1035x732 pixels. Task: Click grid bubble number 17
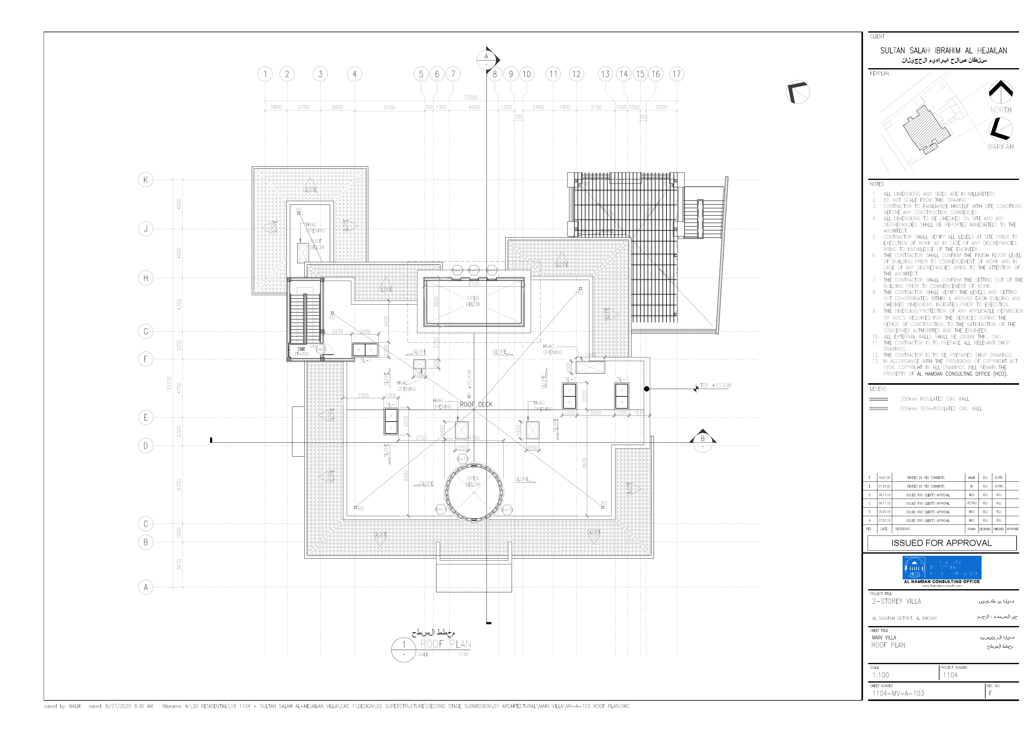coord(676,74)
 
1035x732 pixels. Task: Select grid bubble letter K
coord(145,180)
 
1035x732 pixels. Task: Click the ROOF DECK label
coord(476,404)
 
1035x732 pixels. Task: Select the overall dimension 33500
coord(471,97)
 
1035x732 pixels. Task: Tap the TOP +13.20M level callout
coord(715,385)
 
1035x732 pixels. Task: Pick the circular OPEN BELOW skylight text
coord(473,481)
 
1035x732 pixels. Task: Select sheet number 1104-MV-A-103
coord(898,693)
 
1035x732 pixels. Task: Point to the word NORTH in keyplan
coord(1001,110)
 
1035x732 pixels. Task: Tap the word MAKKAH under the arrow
coord(1001,146)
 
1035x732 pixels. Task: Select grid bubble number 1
coord(265,74)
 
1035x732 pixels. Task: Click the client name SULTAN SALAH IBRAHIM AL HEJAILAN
coord(943,50)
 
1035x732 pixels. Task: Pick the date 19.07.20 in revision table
coord(884,478)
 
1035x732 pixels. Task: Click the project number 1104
coord(950,675)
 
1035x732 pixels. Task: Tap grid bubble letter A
coord(145,587)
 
